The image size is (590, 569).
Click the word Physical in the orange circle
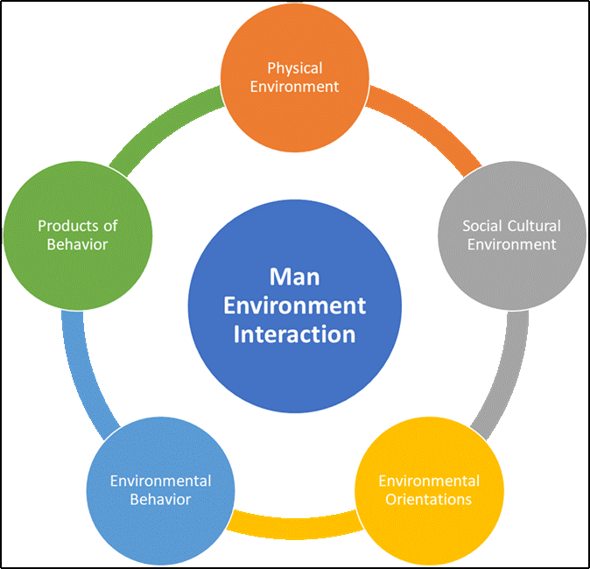(295, 68)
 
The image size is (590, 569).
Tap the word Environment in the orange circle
(295, 86)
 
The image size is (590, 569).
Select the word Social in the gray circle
(481, 226)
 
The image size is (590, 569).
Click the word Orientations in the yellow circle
(429, 499)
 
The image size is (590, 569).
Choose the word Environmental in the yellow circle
(429, 481)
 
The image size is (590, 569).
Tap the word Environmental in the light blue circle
(160, 481)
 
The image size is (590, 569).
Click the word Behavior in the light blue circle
(160, 499)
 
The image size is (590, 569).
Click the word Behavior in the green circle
(77, 244)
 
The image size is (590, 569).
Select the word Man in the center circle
(295, 277)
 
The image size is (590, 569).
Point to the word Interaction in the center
(295, 334)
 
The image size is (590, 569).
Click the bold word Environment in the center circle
(295, 306)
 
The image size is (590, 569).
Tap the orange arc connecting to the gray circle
(429, 131)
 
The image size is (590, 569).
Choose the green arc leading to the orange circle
(166, 128)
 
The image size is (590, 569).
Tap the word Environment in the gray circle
(511, 244)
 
